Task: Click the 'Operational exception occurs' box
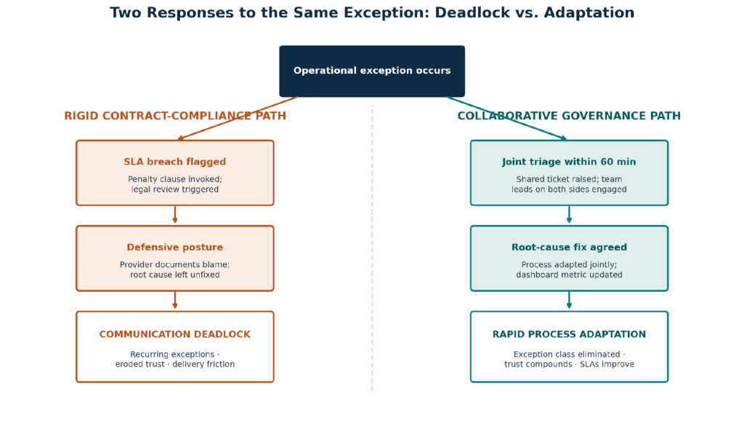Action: click(x=372, y=71)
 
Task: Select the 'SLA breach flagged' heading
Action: click(x=174, y=162)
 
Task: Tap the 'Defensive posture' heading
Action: click(x=174, y=247)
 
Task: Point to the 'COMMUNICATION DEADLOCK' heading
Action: click(x=174, y=335)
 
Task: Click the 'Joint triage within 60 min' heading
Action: click(x=569, y=162)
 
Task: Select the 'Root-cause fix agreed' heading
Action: click(x=569, y=247)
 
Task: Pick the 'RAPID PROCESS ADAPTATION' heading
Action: click(x=569, y=335)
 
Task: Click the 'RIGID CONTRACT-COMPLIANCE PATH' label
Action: click(x=175, y=115)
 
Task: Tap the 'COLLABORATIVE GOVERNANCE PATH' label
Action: click(x=569, y=115)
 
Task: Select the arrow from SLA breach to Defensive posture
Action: click(x=175, y=214)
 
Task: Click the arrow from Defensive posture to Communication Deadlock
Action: click(x=175, y=301)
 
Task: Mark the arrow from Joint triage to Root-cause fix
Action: click(x=570, y=214)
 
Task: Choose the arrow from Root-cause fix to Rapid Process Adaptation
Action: click(x=570, y=301)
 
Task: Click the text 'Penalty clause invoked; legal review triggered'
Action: click(x=174, y=184)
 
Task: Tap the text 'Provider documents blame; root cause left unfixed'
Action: click(x=174, y=270)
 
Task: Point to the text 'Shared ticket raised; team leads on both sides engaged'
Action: click(x=569, y=184)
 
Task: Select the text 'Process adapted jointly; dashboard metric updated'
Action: click(x=569, y=270)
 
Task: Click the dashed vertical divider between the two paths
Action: click(x=372, y=248)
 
